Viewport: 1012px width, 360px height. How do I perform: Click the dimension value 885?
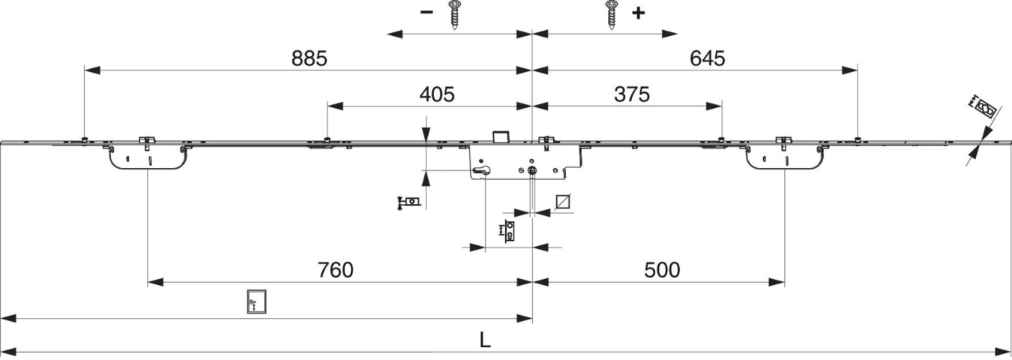pos(310,59)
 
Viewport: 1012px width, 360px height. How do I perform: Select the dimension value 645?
pos(708,59)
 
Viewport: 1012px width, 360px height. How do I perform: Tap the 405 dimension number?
pos(437,94)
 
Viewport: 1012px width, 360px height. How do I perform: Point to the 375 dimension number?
pos(630,94)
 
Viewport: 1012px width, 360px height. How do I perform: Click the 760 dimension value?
pos(334,270)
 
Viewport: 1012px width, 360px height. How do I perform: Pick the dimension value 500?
pos(662,270)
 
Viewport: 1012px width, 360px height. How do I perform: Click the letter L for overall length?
pos(486,340)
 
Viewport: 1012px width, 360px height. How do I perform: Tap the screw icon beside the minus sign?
pos(454,14)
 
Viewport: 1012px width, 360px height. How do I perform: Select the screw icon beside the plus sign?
pos(611,14)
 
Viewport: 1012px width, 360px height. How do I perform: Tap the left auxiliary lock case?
pos(147,157)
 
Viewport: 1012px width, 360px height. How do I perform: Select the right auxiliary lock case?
pos(784,157)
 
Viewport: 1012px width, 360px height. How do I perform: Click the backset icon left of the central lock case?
pos(409,202)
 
